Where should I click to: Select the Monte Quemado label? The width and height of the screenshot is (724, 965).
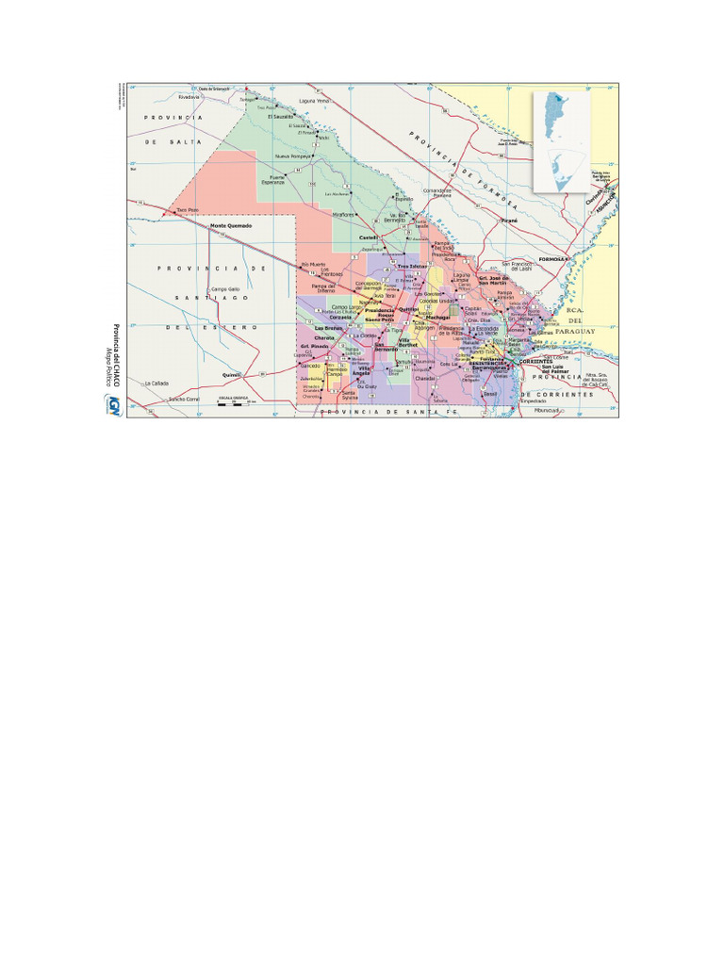tap(231, 226)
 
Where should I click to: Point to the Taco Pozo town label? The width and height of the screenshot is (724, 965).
tap(187, 209)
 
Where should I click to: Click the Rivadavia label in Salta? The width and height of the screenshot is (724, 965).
tap(189, 96)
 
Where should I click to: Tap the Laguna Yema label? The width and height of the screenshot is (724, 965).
tap(313, 100)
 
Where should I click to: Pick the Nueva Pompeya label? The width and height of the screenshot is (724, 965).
tap(292, 155)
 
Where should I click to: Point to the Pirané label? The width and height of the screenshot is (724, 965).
tap(510, 220)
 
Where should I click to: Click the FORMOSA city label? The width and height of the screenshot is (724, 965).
tap(550, 257)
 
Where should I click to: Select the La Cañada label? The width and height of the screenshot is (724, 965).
tap(156, 384)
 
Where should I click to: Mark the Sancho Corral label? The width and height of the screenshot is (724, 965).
tap(184, 400)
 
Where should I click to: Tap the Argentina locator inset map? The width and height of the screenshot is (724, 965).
tap(560, 141)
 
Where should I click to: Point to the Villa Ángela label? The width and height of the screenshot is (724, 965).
tap(362, 371)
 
